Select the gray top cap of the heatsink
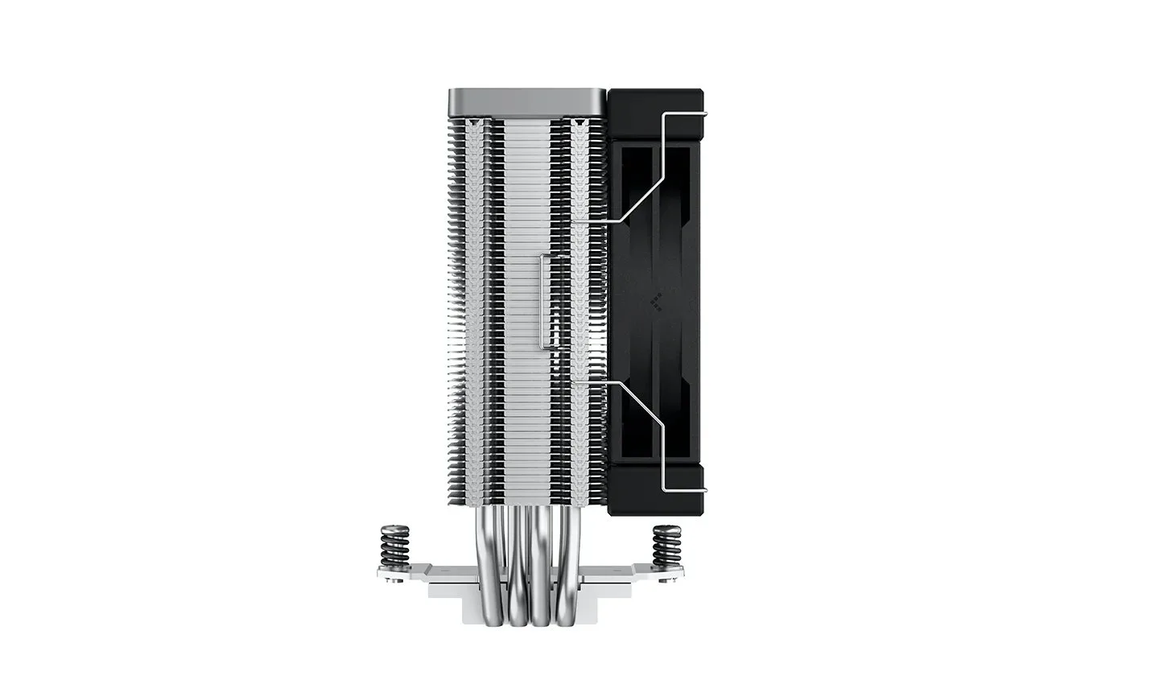pyautogui.click(x=526, y=101)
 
